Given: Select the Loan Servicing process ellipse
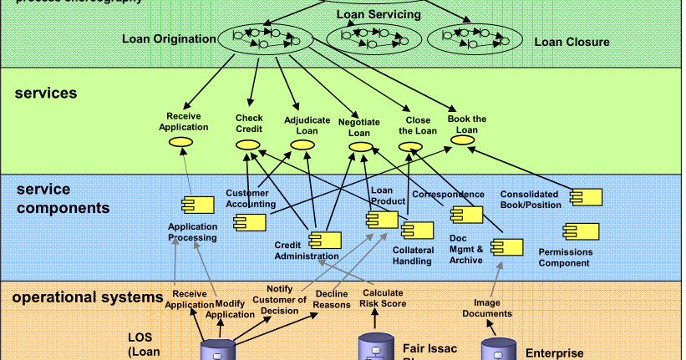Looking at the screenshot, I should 368,37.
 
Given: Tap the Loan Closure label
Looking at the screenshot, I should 572,42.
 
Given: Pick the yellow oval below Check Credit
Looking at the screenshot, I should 248,145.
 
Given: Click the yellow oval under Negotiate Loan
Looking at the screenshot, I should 360,147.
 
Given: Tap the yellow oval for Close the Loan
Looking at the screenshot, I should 411,146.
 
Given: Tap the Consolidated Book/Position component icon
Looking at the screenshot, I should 586,196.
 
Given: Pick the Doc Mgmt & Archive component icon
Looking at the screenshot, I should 507,246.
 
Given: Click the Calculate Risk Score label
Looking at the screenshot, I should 384,298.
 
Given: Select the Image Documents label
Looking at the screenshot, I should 487,308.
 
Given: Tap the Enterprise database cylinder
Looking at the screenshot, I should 499,350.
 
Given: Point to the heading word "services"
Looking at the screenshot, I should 46,93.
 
